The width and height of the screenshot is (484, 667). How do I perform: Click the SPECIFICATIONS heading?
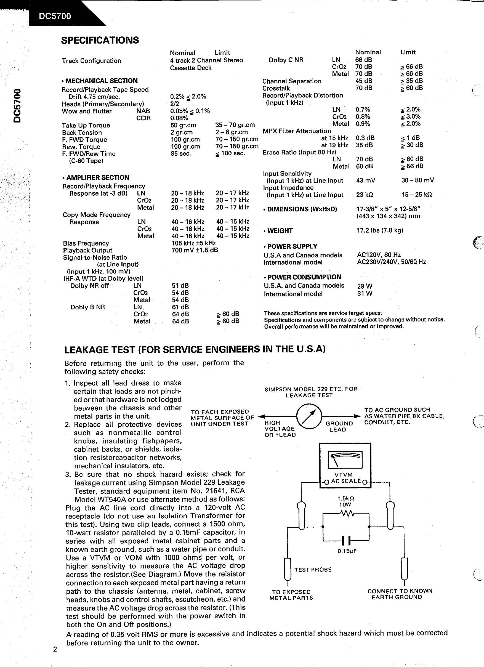coord(100,40)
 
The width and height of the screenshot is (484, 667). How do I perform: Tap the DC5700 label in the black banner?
coord(55,16)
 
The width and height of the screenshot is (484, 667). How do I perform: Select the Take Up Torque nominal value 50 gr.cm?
coord(184,125)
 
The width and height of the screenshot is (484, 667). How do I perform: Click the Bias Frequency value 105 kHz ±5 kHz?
coord(193,243)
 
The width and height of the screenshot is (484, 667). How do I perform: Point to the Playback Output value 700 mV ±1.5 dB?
coord(195,250)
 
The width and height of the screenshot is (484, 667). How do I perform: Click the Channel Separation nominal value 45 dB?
coord(364,81)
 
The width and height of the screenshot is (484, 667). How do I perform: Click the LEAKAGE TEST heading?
coord(195,350)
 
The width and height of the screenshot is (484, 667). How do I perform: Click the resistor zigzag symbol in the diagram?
coord(347,514)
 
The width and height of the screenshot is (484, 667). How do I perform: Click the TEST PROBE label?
coord(313,570)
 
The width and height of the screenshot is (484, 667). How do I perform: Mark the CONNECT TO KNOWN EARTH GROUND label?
coord(400,594)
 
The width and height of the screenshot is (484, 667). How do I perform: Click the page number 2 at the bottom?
coord(55,649)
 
